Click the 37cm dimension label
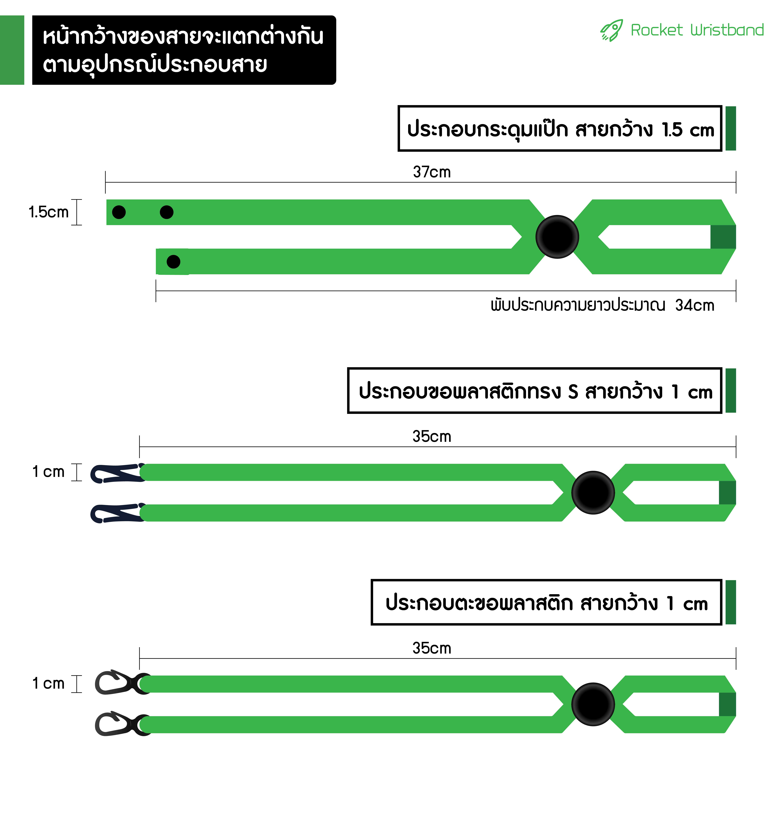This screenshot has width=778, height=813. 432,172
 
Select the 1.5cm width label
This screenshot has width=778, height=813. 48,212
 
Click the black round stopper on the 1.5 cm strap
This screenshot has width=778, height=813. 557,237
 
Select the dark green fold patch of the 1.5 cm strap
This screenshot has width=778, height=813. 723,237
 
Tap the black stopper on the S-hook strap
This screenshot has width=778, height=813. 593,492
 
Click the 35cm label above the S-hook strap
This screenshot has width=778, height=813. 432,436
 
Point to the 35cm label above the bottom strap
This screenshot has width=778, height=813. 432,648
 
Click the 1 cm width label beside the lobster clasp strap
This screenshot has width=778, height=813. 48,683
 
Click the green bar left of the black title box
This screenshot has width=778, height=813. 12,50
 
